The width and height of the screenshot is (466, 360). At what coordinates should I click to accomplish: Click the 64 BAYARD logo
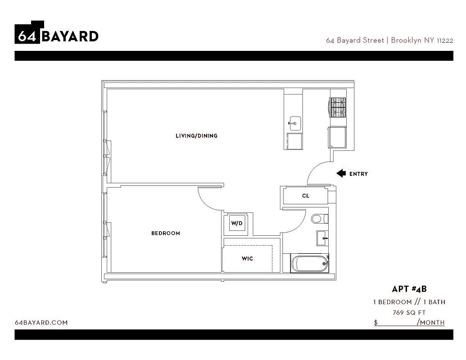pos(56,33)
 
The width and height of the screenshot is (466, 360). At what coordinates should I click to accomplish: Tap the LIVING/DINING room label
pos(196,135)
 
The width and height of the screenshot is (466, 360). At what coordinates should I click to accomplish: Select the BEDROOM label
pos(165,233)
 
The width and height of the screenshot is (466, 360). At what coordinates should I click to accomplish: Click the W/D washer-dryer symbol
pos(237,223)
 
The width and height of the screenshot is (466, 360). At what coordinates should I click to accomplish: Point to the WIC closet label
pos(247,259)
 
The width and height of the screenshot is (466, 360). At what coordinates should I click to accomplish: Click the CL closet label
pos(306,196)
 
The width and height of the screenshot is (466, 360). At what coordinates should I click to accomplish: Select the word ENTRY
pos(358,174)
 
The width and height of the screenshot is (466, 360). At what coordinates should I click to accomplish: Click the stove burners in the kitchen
pos(338,108)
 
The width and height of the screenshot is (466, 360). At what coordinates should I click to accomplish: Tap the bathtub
pos(309,263)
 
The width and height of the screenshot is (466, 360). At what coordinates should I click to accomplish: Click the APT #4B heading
pos(409,289)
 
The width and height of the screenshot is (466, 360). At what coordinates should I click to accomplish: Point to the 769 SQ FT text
pos(409,312)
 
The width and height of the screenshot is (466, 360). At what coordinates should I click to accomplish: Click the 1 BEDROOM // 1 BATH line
pos(409,301)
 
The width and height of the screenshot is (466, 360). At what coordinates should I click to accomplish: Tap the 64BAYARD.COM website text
pos(41,322)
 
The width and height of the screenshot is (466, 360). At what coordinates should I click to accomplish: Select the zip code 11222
pos(444,40)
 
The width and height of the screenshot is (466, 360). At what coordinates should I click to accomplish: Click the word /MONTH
pos(431,322)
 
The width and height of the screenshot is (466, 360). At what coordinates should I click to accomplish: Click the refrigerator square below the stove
pos(338,137)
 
